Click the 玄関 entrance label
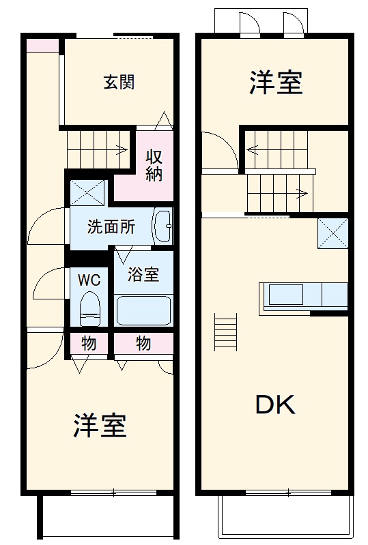tap(119, 83)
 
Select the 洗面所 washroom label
tap(111, 227)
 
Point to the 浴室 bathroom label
tap(144, 274)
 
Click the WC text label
tap(89, 280)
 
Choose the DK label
tap(275, 406)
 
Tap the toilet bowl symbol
tap(89, 308)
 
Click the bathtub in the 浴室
tap(143, 310)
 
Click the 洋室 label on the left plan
tap(100, 426)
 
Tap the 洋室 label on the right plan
tap(275, 83)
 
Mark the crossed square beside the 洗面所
tap(88, 192)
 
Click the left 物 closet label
tap(89, 343)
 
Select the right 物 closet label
tap(143, 343)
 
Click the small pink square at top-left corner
tap(43, 45)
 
